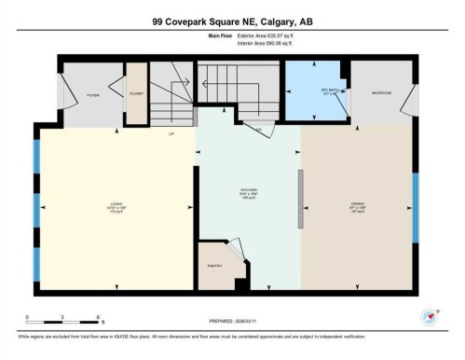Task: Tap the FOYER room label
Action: pos(93,95)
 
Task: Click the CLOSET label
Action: pos(137,93)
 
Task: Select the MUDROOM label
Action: pos(380,93)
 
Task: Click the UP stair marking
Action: pos(171,133)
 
